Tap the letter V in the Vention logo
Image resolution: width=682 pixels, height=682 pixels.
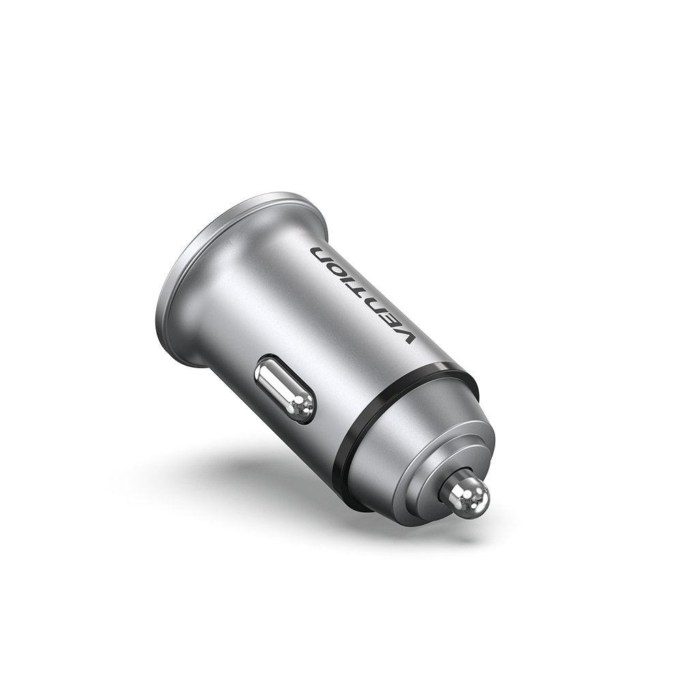pos(405,334)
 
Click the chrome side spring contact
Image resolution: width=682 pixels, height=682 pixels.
pos(285,389)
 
